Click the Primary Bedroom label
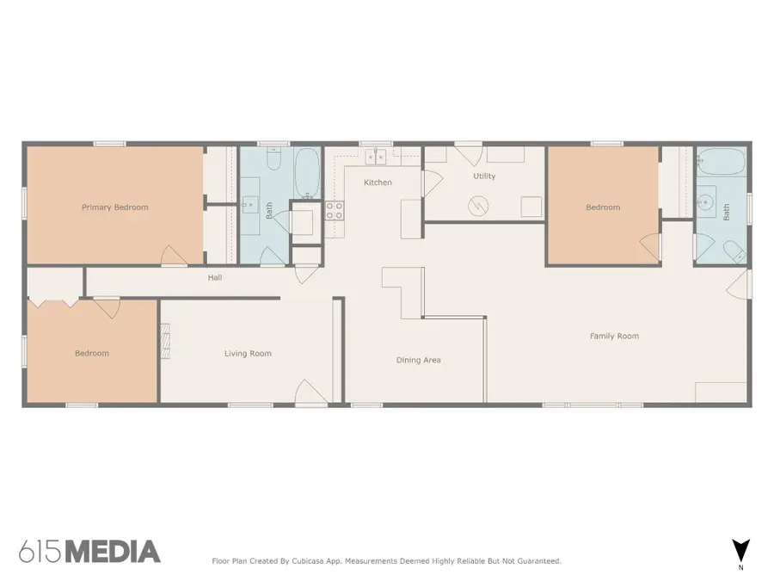point(114,207)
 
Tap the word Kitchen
point(378,182)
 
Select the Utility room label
point(484,176)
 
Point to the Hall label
point(215,278)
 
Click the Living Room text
point(248,354)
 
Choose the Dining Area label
point(418,360)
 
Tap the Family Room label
point(614,337)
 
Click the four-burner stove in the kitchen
point(334,211)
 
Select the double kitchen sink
point(375,156)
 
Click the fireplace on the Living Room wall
point(165,341)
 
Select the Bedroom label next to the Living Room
point(91,354)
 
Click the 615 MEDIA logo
point(89,552)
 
